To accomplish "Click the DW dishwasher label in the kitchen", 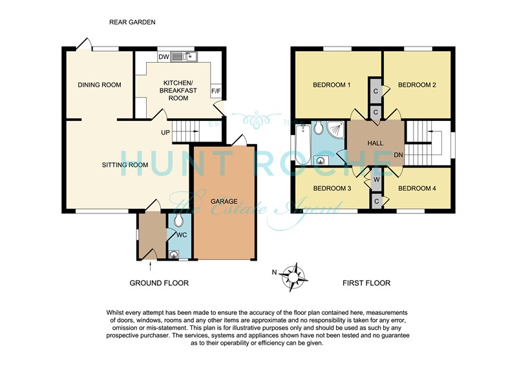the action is tap(164, 57).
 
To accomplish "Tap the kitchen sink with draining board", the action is tap(184, 57).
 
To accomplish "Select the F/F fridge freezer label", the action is tap(216, 91).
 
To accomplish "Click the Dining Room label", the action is tap(100, 85).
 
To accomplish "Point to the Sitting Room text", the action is tap(125, 165).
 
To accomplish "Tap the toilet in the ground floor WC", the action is tap(179, 220).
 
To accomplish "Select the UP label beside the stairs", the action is tap(165, 133).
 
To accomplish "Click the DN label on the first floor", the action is tap(398, 155).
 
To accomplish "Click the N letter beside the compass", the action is tap(274, 272).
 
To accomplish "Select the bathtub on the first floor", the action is tap(302, 144).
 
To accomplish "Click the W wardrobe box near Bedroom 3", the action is tap(377, 180).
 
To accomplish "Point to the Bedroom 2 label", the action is tap(417, 85).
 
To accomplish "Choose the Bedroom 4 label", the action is tap(417, 188).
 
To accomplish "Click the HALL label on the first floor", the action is tap(375, 143).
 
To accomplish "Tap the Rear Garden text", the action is tap(132, 22).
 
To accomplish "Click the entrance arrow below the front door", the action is tap(151, 266).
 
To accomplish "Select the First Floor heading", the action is tap(366, 283).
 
